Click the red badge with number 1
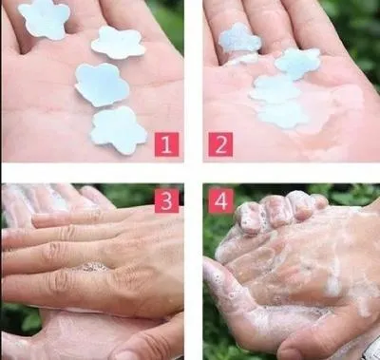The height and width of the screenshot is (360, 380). (166, 144)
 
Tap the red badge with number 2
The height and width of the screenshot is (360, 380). (220, 144)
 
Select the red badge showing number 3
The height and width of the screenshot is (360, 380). (167, 201)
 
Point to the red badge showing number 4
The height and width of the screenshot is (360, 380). (221, 201)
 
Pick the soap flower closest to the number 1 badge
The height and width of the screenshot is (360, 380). (119, 130)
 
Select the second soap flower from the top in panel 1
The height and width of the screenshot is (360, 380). (118, 43)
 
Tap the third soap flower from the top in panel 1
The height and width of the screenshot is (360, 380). (102, 85)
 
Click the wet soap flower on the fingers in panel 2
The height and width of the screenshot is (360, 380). (239, 39)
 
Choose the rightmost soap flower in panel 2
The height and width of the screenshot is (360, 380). (297, 64)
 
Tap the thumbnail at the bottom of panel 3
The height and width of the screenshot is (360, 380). (126, 354)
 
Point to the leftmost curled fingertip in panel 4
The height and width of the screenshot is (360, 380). (249, 218)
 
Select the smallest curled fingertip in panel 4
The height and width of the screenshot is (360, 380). (317, 201)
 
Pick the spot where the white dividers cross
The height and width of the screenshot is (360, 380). (193, 173)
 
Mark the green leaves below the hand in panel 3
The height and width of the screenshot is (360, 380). (19, 320)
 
